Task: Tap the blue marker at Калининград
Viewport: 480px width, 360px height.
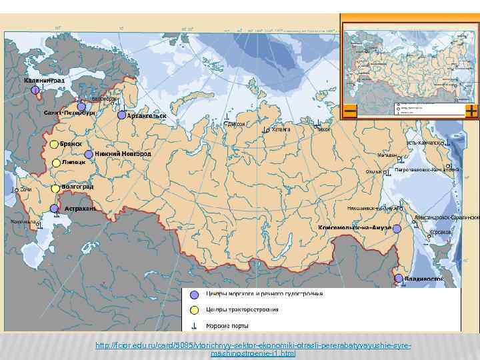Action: coord(35,89)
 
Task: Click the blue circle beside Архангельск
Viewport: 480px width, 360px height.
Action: coord(121,115)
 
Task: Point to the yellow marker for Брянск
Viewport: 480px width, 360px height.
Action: coord(53,143)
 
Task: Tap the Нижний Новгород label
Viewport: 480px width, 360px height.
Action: coord(123,153)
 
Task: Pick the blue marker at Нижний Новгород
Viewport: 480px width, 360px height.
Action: coord(89,154)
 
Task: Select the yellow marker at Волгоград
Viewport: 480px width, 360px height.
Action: coord(55,189)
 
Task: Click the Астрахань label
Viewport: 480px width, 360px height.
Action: coord(80,208)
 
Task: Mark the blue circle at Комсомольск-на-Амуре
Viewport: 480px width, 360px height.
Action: coord(397,229)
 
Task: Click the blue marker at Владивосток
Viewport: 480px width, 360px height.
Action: coord(399,278)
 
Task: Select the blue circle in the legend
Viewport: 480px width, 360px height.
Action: coord(194,294)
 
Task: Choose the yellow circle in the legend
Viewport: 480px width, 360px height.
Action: coord(194,310)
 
